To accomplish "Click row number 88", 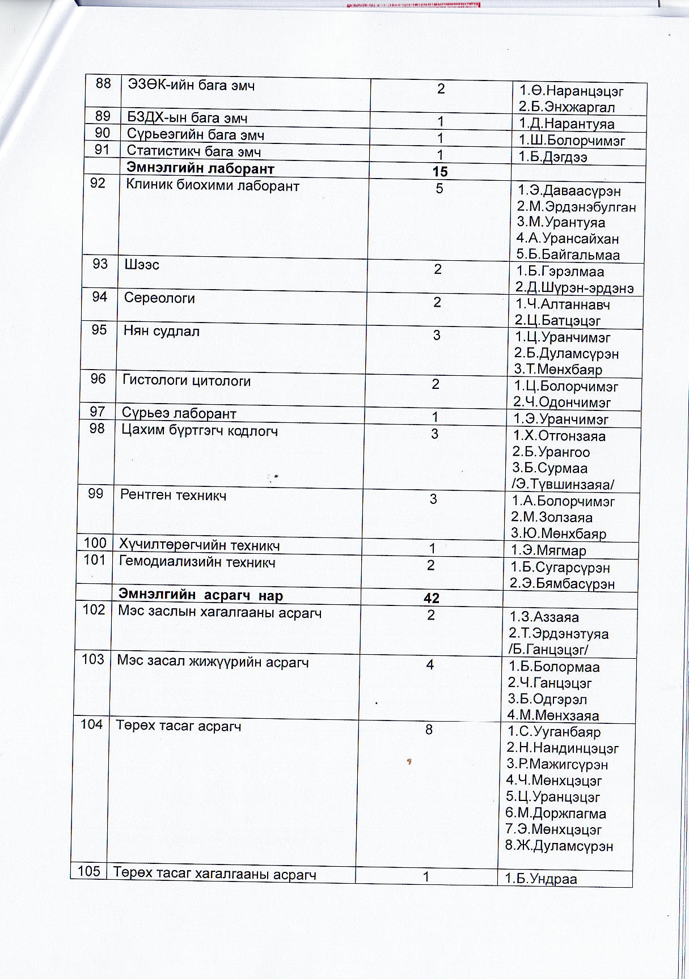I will coord(103,84).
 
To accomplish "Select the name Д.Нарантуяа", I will coord(567,124).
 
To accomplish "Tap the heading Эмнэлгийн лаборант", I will coord(200,168).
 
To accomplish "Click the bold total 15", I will coord(439,172).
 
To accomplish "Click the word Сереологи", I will coord(159,298).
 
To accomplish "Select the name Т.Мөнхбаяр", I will coord(558,370).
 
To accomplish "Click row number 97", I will coord(98,412).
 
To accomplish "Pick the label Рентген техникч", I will coord(174,495).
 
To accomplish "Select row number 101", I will coord(95,560).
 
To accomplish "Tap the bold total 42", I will coord(432,598).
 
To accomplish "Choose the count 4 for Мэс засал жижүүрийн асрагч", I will coord(430,664).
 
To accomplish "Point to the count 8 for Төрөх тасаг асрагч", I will coord(429,730).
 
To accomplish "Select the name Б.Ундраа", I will coord(541,879).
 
